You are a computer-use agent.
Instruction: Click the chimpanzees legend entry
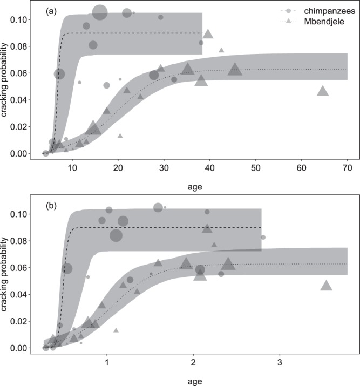tap(310, 11)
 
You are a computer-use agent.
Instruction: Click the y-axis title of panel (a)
tap(6, 87)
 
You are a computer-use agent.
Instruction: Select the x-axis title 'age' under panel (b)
tap(195, 381)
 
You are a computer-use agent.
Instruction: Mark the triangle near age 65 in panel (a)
tap(323, 91)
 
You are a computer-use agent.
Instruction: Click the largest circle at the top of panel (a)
tap(100, 12)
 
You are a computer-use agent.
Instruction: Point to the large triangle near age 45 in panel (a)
tap(235, 69)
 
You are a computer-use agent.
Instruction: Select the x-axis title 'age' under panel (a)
tap(195, 186)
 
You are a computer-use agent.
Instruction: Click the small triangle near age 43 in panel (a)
tap(221, 50)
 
